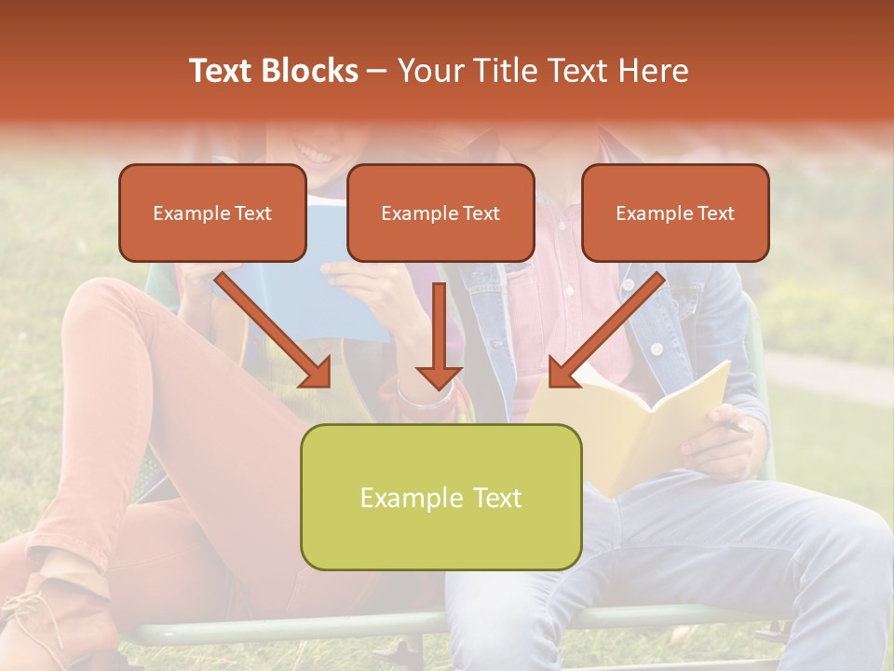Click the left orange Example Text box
tap(212, 213)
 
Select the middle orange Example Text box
tap(440, 213)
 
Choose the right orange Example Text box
tap(675, 213)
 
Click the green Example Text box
tap(440, 497)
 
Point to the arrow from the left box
tap(276, 331)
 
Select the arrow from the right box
tap(605, 331)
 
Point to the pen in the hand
tap(736, 427)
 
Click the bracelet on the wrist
tap(424, 396)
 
